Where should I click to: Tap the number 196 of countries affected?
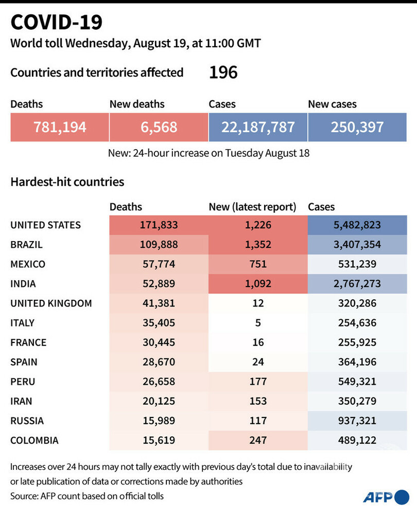223,72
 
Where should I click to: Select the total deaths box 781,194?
60,126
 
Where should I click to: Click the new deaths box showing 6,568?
159,126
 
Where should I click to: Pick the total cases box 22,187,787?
258,126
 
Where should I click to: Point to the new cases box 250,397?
357,126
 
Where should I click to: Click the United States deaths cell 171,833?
159,225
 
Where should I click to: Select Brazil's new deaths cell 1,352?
258,245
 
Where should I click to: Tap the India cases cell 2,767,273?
357,284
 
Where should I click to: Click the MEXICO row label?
28,264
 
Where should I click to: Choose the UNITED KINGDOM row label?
51,303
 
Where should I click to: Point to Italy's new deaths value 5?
258,323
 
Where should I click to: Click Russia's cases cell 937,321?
357,421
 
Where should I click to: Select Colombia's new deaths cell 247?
258,440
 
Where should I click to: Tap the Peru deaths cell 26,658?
159,381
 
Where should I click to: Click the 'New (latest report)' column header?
252,207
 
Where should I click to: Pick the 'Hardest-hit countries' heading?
67,182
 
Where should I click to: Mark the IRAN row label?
22,401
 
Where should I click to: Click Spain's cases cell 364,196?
357,362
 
